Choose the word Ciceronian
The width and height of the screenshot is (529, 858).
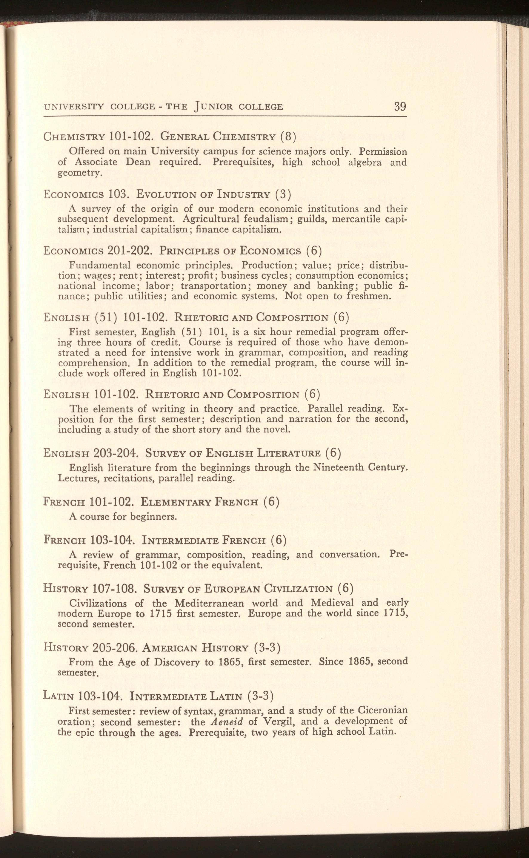click(383, 711)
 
